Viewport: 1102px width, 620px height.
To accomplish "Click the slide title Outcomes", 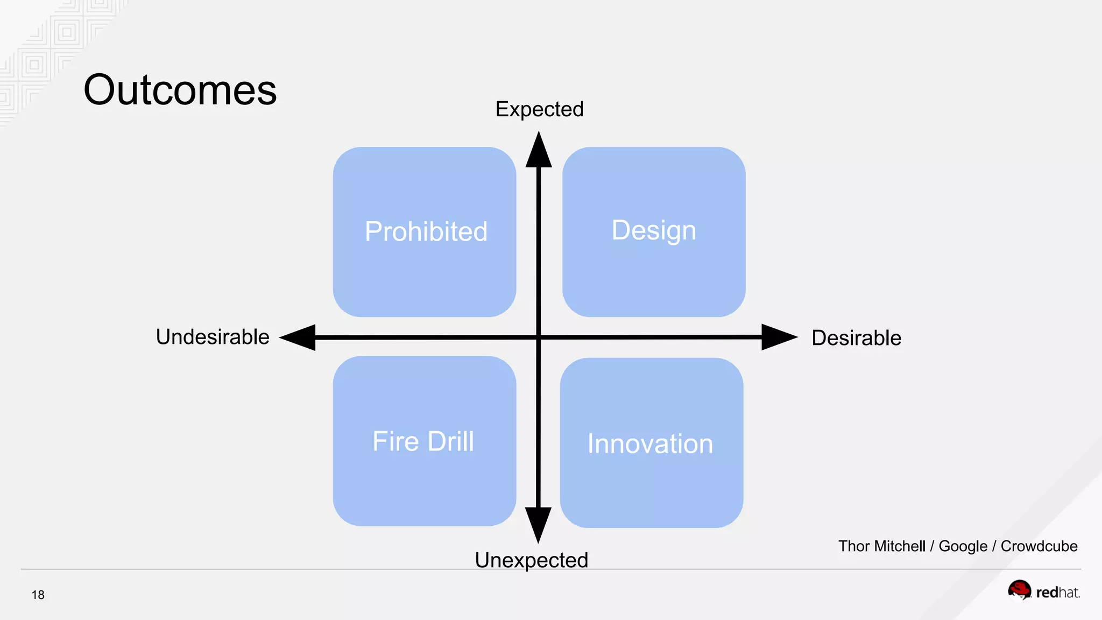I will pos(180,90).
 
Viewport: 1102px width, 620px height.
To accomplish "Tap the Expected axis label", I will pos(539,109).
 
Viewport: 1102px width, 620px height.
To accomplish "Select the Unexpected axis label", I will pos(531,560).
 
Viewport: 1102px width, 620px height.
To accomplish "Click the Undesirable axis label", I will pos(213,337).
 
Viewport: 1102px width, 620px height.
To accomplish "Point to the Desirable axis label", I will pos(856,338).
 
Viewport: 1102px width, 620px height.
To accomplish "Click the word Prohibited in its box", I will pos(426,231).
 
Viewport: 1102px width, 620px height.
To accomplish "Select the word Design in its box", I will pos(654,230).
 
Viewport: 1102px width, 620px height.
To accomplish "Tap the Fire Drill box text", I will pos(423,441).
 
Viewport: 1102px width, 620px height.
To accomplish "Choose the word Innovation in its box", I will pos(650,444).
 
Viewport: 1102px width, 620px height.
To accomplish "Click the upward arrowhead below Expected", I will pos(539,152).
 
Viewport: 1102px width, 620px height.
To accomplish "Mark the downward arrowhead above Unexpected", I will pos(538,524).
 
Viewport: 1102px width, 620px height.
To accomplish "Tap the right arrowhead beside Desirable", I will pos(778,337).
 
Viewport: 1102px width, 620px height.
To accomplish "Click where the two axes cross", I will pos(539,337).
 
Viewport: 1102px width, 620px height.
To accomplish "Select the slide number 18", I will pos(38,595).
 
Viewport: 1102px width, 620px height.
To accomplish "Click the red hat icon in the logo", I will pos(1019,590).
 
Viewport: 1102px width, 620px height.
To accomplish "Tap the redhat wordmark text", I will pos(1057,593).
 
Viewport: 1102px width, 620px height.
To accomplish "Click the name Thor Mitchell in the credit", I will pos(881,546).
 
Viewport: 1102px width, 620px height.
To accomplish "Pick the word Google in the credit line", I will pos(963,546).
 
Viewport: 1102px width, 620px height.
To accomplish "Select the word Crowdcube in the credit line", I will pos(1039,546).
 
